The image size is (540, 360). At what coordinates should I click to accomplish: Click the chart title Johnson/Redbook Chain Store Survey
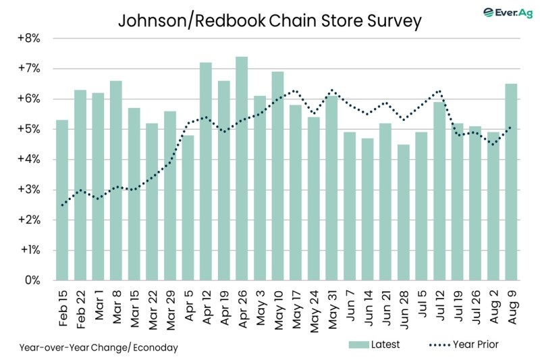(x=269, y=20)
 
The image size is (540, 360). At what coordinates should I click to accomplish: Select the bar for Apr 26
(x=242, y=169)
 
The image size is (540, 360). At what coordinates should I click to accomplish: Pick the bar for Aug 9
(x=512, y=182)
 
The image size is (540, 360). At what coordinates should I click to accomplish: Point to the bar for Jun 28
(x=404, y=212)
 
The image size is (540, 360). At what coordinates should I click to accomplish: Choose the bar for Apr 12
(x=206, y=172)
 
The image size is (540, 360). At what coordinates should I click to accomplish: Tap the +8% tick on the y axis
(x=29, y=38)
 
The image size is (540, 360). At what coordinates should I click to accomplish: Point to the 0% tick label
(x=32, y=280)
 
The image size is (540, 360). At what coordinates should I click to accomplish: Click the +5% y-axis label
(x=29, y=129)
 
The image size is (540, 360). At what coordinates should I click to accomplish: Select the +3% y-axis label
(x=29, y=190)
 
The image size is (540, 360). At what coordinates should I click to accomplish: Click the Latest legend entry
(x=374, y=344)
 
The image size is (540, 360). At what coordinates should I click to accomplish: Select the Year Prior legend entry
(x=465, y=344)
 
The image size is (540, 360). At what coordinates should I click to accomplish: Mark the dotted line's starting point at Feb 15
(x=62, y=205)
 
